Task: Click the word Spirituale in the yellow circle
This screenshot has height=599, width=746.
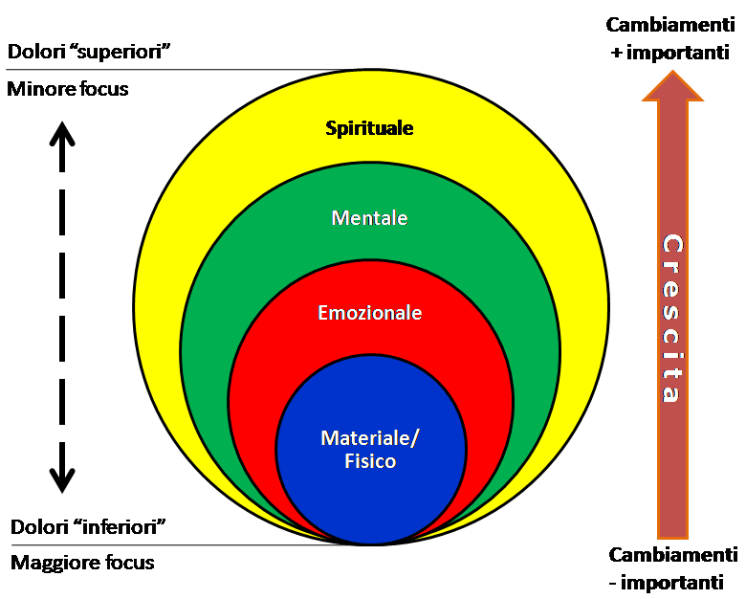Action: click(369, 127)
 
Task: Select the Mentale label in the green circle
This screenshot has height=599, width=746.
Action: click(369, 218)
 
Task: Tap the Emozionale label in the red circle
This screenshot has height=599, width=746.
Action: click(369, 313)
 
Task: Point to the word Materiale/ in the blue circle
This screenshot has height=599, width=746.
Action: click(370, 438)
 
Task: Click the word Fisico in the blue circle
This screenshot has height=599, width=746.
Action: click(371, 461)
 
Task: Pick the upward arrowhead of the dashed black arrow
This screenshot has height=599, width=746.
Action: click(62, 133)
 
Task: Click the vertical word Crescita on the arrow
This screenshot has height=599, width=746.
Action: click(672, 318)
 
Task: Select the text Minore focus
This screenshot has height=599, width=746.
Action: click(68, 90)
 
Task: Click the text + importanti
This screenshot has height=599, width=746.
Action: click(670, 54)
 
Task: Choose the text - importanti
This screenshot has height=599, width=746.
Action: click(666, 582)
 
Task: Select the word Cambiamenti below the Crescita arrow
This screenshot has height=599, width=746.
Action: click(672, 556)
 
